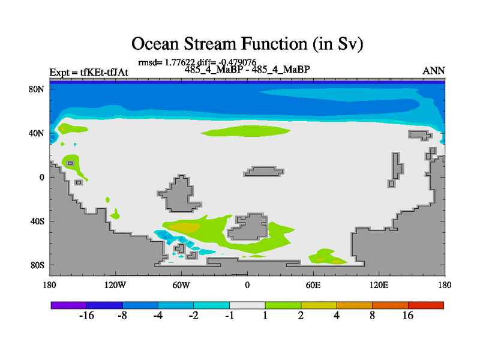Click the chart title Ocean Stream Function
pos(247,44)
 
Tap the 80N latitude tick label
pos(37,89)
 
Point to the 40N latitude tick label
pos(37,133)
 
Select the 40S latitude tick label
pos(37,221)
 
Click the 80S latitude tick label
pos(37,265)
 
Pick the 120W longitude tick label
pos(115,286)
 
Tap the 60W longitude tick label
pos(181,286)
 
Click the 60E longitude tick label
pos(313,286)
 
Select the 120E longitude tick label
pos(379,286)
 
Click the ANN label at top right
pos(433,71)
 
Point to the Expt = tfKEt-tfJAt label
pos(89,73)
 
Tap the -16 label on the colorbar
pos(86,316)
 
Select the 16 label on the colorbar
pos(408,316)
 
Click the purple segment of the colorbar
pos(69,305)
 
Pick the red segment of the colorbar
pos(426,305)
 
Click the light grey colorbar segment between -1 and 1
pos(247,305)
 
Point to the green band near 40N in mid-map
pos(245,131)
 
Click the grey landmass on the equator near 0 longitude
pos(263,172)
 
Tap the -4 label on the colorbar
pos(158,316)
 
